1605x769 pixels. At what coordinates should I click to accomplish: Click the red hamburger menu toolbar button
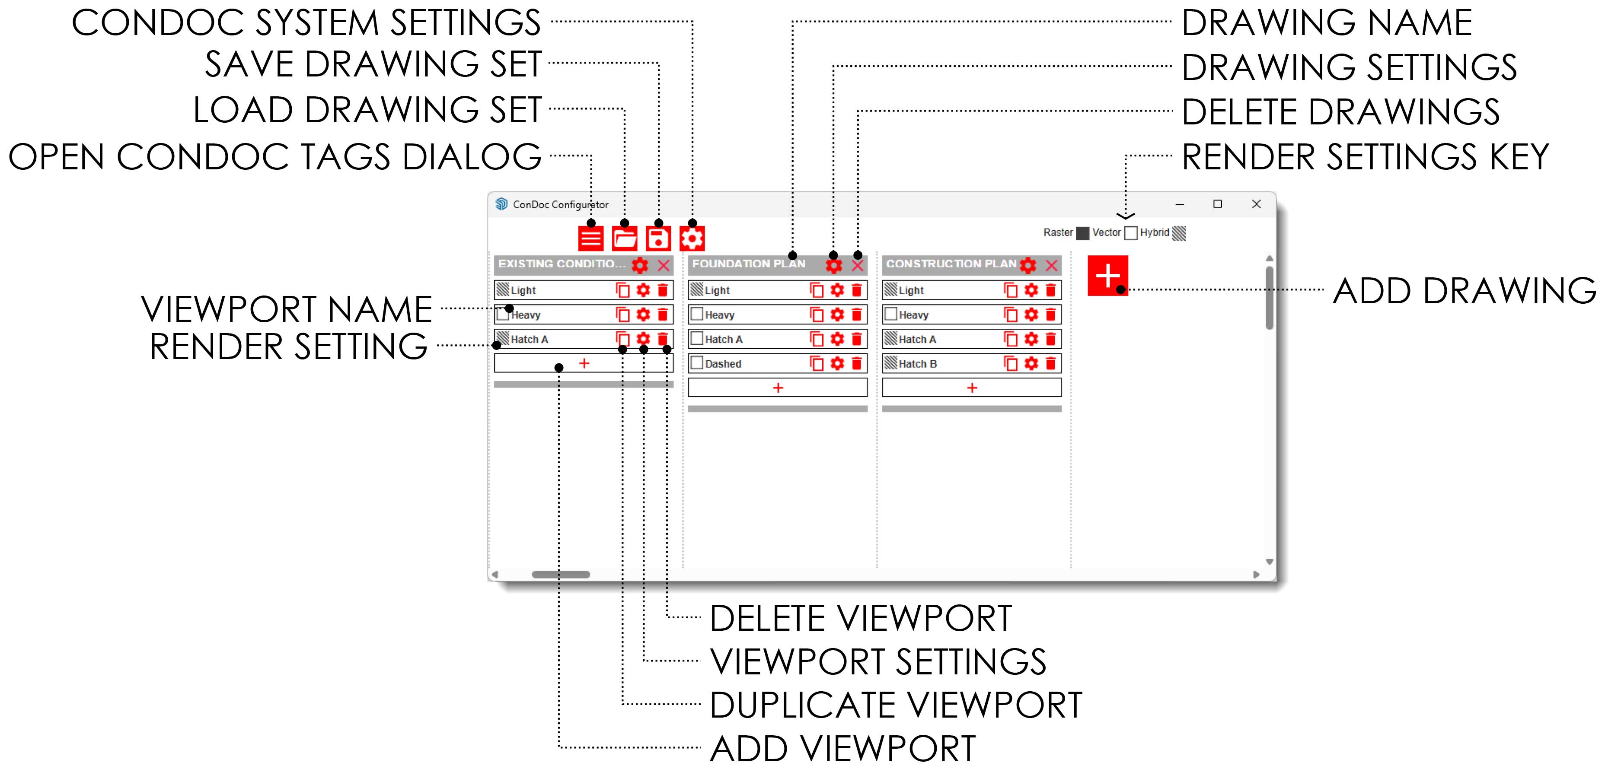tap(590, 238)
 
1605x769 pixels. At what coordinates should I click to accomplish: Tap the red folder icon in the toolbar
tap(624, 238)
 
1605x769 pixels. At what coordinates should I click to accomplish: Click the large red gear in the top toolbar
tap(692, 238)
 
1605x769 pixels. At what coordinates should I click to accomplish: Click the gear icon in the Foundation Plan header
tap(834, 265)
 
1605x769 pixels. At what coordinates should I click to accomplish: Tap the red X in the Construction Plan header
tap(1052, 265)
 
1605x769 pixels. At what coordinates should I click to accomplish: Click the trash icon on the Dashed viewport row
tap(857, 363)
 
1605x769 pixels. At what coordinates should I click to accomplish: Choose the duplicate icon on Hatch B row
tap(1011, 363)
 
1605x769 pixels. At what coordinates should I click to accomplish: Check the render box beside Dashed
tap(697, 362)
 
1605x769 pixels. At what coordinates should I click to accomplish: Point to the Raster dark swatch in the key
tap(1083, 233)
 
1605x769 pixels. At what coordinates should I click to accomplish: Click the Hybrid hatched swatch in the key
tap(1179, 233)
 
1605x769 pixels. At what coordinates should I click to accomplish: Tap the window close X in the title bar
tap(1256, 204)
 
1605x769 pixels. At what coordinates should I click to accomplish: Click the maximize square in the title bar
tap(1217, 204)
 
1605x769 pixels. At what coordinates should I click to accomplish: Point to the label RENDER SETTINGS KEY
tap(1365, 157)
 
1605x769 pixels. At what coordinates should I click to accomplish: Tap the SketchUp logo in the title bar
tap(501, 204)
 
